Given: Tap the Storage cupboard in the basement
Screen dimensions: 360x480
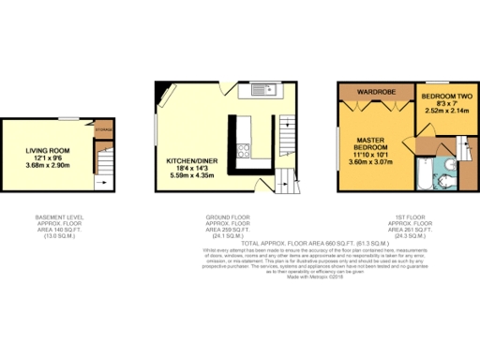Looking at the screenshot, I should (103, 128).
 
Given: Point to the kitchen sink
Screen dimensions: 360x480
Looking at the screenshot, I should (262, 92).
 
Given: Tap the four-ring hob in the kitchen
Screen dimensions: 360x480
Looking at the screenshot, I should (245, 151).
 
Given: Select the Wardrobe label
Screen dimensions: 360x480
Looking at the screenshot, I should (374, 92).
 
